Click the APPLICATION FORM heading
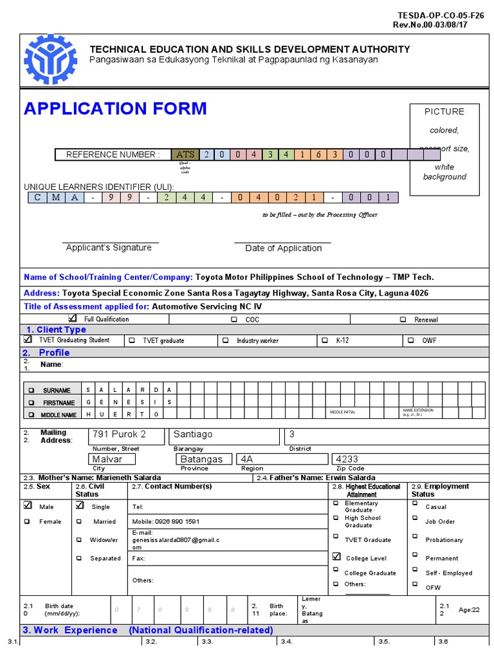[x=115, y=108]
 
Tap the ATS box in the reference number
[x=185, y=154]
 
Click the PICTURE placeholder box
[x=444, y=149]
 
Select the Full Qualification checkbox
[x=72, y=319]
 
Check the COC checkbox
[x=233, y=319]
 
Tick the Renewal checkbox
[x=403, y=319]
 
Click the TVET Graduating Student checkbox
[x=28, y=340]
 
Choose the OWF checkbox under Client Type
[x=410, y=340]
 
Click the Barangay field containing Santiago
[x=223, y=435]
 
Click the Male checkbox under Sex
[x=28, y=506]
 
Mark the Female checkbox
[x=28, y=522]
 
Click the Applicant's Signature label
[x=109, y=248]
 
